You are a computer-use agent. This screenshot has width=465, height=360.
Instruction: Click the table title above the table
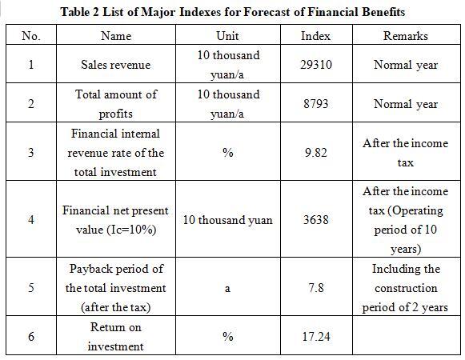[233, 12]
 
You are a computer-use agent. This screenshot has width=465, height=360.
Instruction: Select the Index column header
[315, 36]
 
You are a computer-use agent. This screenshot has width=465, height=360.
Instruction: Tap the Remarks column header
[406, 36]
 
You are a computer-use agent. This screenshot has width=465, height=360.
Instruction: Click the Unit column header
[227, 36]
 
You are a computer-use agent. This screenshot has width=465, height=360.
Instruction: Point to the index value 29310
[316, 65]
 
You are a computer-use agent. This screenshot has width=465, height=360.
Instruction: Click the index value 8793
[316, 104]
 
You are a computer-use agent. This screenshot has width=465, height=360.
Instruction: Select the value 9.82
[316, 153]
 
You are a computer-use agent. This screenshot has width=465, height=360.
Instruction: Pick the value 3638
[316, 220]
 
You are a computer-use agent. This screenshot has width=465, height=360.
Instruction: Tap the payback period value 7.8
[316, 288]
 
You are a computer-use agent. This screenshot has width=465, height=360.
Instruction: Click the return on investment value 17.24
[316, 337]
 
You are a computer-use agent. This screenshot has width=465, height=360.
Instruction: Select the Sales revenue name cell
[116, 65]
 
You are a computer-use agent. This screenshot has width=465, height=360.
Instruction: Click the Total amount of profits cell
[116, 104]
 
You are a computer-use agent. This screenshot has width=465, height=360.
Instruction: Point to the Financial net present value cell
[116, 220]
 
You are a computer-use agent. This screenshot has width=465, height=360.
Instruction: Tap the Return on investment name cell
[116, 337]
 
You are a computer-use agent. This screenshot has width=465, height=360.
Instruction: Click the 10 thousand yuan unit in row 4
[227, 220]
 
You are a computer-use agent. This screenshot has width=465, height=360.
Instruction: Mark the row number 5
[31, 288]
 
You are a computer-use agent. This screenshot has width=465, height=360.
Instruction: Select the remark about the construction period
[406, 288]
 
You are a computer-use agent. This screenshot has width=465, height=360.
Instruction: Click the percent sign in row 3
[228, 153]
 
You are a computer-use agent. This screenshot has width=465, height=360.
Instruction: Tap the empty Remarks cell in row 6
[407, 335]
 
